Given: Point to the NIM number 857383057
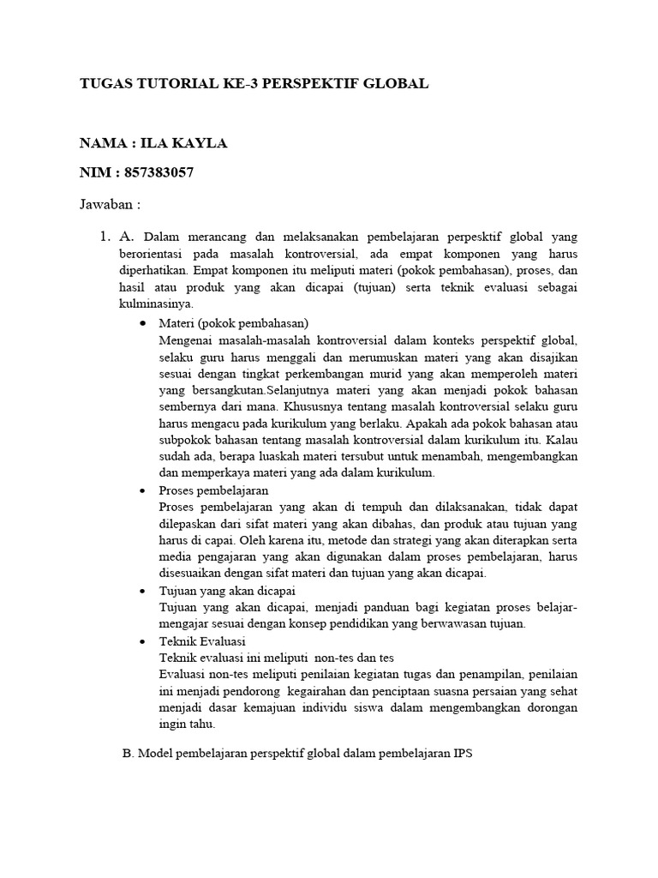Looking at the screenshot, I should pyautogui.click(x=159, y=173).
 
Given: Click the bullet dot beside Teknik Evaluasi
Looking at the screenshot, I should pyautogui.click(x=141, y=641).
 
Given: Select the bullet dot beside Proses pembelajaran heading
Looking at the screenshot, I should pyautogui.click(x=141, y=491).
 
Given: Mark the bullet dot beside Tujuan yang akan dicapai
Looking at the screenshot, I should pyautogui.click(x=141, y=592).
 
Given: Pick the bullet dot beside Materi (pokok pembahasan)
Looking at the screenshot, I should pyautogui.click(x=141, y=323).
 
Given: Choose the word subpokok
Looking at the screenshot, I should pyautogui.click(x=183, y=440).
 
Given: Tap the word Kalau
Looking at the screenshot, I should pyautogui.click(x=560, y=440).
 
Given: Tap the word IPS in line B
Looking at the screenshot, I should pyautogui.click(x=462, y=754).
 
